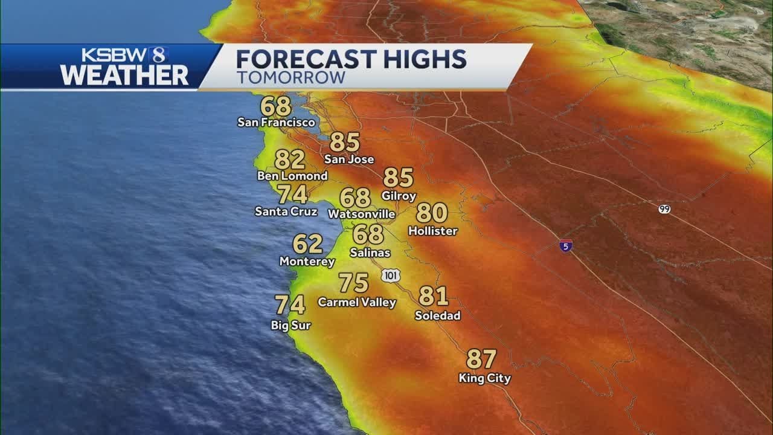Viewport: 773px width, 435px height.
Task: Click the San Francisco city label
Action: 276,123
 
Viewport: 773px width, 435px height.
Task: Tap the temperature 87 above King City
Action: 481,359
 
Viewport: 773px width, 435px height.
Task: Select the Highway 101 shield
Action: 391,275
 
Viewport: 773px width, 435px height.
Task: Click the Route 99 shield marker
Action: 664,209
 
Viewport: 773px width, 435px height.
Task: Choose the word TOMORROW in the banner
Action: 290,77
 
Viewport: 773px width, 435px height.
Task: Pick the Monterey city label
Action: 307,262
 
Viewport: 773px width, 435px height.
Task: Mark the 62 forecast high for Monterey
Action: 307,244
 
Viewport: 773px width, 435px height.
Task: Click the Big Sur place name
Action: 290,326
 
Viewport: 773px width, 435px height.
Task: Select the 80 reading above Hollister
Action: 432,213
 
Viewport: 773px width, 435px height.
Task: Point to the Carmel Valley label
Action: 357,302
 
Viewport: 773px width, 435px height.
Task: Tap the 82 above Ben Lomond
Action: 289,160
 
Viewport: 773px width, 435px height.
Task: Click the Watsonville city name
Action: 361,214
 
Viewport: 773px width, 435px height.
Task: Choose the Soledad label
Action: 437,315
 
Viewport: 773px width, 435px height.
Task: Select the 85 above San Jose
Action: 345,143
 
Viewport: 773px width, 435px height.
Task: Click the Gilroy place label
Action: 399,196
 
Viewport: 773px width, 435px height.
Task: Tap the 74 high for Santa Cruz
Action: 292,195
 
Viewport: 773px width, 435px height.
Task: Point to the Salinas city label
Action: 370,253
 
